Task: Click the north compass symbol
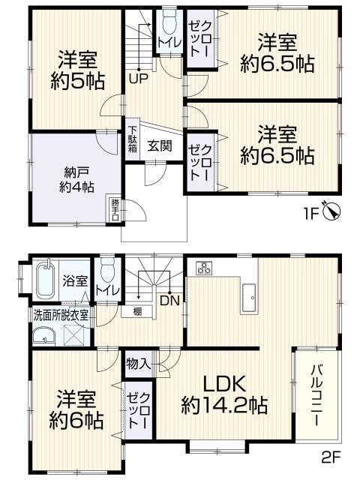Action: point(331,211)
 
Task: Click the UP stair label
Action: point(138,79)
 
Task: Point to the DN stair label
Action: point(169,301)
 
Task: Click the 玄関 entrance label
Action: point(160,146)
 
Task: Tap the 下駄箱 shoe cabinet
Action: point(132,139)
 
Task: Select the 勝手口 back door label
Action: point(115,210)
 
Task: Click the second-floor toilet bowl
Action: point(107,270)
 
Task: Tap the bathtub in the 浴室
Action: point(46,280)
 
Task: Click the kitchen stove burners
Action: point(203,268)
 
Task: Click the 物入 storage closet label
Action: point(138,364)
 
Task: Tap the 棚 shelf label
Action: point(137,312)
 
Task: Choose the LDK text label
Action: point(225,384)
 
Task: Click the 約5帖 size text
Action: point(77,81)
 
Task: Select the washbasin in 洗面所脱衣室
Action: point(43,337)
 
